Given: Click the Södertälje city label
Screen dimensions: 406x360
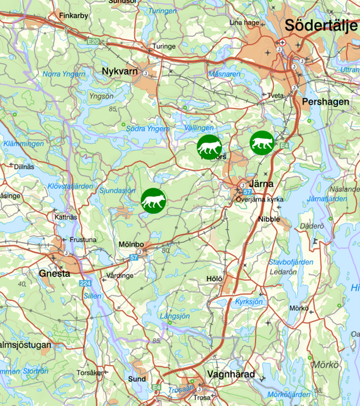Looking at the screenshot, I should (x=321, y=26).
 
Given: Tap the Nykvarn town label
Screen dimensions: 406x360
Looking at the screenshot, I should (x=120, y=72).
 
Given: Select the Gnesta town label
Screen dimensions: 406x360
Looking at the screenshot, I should (x=54, y=273).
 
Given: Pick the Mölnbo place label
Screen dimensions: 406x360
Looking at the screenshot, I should (x=131, y=245).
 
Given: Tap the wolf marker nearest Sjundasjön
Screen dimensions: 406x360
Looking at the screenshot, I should (x=153, y=201).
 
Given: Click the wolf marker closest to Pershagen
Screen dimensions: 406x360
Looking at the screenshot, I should (x=262, y=142).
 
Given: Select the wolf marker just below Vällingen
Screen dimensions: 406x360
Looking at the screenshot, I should (x=209, y=147).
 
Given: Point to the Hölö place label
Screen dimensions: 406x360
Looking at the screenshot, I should (x=214, y=278).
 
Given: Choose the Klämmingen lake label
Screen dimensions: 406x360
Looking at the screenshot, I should (x=23, y=144).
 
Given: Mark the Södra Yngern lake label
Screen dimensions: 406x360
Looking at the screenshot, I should (x=148, y=128).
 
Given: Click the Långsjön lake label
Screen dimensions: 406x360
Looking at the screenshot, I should (x=175, y=316).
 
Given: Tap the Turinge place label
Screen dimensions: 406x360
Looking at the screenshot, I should (x=164, y=46).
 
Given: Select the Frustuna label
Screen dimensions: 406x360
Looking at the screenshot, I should (x=83, y=240).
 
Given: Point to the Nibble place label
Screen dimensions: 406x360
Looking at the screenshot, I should (x=269, y=219).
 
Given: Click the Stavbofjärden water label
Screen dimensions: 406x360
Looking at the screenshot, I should (x=291, y=262).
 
